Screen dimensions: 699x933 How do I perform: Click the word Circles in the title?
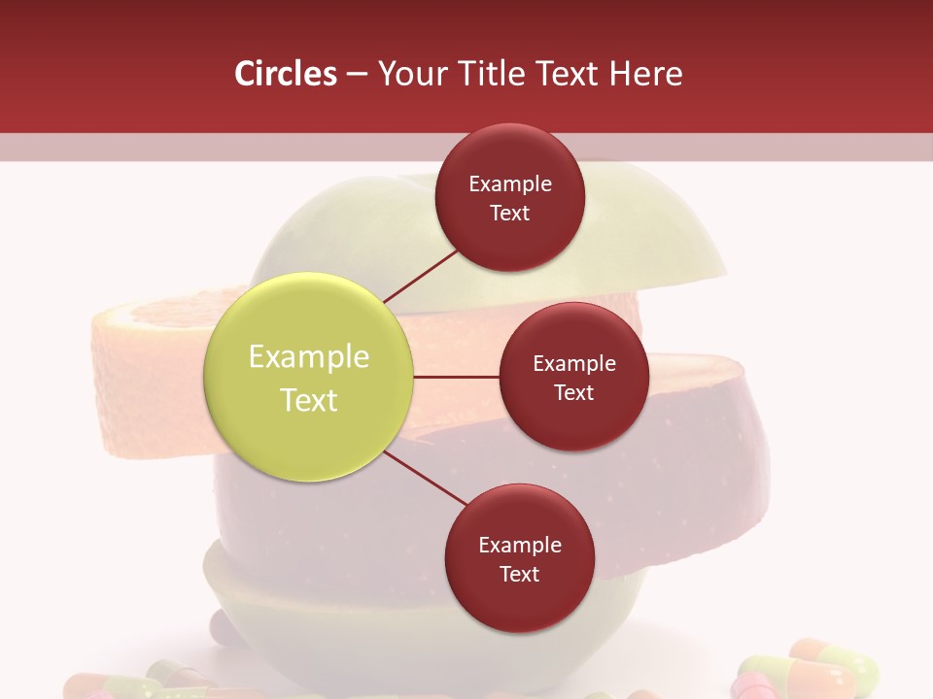point(286,74)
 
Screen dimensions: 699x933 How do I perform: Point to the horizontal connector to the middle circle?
point(456,377)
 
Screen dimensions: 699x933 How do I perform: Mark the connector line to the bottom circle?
point(426,479)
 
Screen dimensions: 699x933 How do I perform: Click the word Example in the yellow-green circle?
point(309,357)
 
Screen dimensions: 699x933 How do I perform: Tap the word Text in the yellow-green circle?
point(309,400)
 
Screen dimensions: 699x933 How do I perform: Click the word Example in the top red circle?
point(510,184)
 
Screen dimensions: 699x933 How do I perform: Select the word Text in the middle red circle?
point(573,392)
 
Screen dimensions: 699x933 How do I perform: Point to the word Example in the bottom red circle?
point(520,546)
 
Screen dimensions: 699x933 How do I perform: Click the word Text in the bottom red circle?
point(519,574)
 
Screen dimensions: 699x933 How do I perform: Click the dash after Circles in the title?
point(357,74)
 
